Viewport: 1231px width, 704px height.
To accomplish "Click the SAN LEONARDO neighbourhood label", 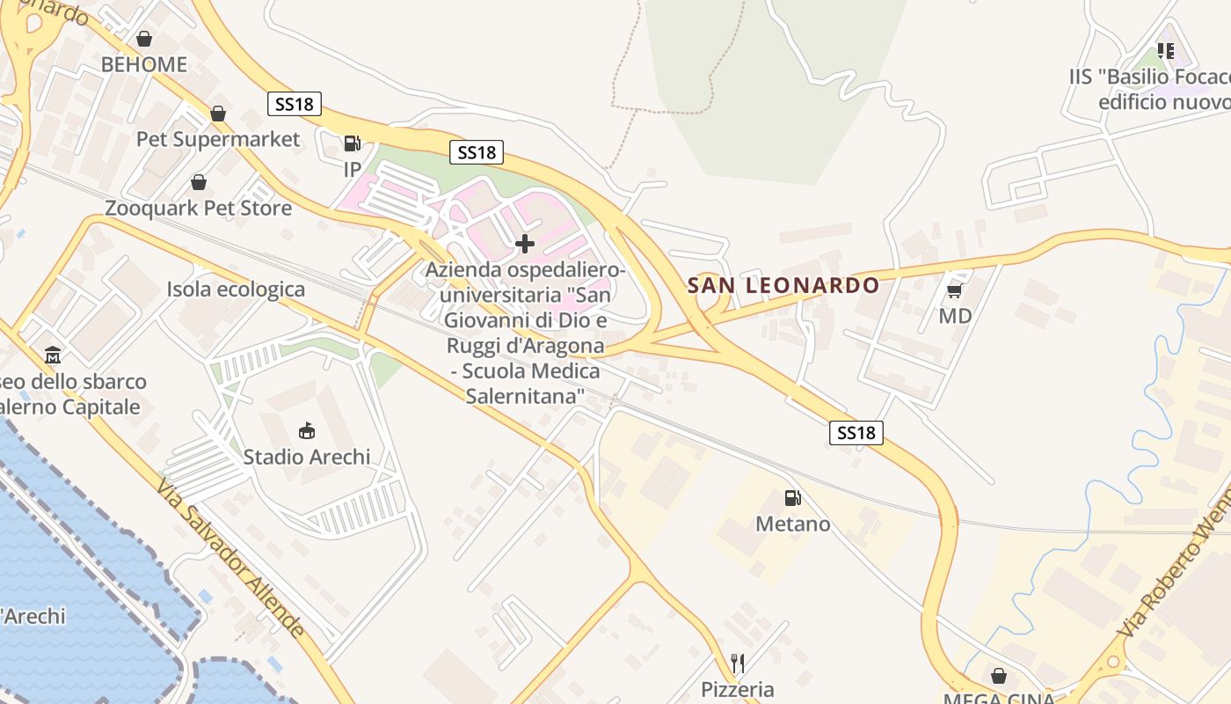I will pyautogui.click(x=783, y=285).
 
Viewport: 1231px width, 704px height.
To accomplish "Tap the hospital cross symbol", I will pyautogui.click(x=525, y=243).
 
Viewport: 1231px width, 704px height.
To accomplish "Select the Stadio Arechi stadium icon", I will pyautogui.click(x=307, y=430).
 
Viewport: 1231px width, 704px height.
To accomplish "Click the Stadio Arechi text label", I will pyautogui.click(x=307, y=457).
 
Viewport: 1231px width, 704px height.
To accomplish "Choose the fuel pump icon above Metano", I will pyautogui.click(x=792, y=498).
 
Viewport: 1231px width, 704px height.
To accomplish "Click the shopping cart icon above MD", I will pyautogui.click(x=955, y=290).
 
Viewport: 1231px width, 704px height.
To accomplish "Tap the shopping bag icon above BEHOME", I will pyautogui.click(x=144, y=39).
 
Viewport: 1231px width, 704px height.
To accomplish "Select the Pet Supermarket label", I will pyautogui.click(x=218, y=139).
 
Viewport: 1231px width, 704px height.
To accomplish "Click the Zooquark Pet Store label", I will pyautogui.click(x=199, y=209).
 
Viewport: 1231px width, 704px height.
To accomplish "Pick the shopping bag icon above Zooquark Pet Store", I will pyautogui.click(x=199, y=182).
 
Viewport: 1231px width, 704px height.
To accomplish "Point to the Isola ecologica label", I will pyautogui.click(x=237, y=290).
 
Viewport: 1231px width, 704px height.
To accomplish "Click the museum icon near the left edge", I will pyautogui.click(x=53, y=356).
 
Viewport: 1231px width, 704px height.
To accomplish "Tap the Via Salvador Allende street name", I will pyautogui.click(x=232, y=558).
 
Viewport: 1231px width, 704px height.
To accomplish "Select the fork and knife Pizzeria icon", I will pyautogui.click(x=738, y=663).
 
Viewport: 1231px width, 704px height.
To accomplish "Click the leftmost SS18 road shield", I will pyautogui.click(x=295, y=104).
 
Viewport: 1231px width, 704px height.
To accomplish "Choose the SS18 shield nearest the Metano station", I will pyautogui.click(x=856, y=432).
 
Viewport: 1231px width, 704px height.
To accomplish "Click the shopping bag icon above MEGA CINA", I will pyautogui.click(x=999, y=676).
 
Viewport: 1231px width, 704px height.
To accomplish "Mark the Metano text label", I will pyautogui.click(x=793, y=524).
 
